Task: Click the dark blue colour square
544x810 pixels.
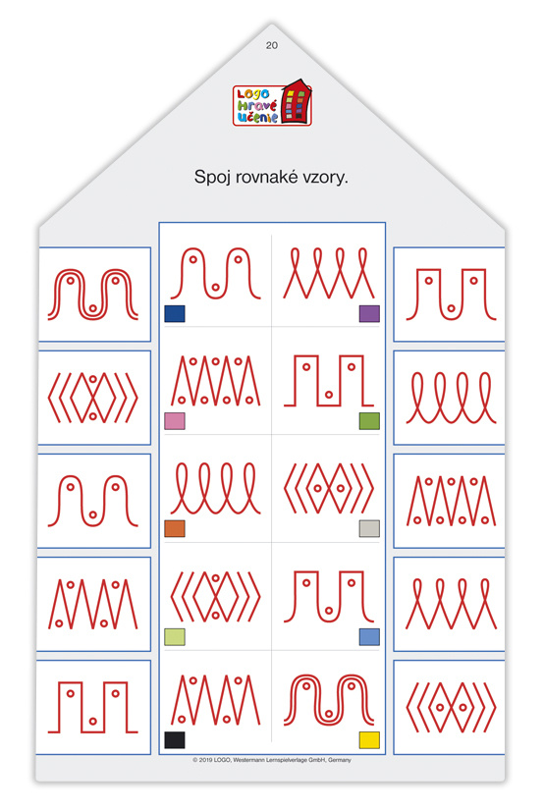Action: [x=175, y=313]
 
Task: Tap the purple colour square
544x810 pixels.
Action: [x=369, y=313]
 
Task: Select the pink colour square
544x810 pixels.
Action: [x=175, y=421]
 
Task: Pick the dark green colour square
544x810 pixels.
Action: [x=369, y=421]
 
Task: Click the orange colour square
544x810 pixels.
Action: [x=175, y=528]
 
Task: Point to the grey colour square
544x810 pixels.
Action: [x=369, y=528]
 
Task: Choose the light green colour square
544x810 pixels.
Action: [x=175, y=636]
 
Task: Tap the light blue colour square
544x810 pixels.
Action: [x=369, y=636]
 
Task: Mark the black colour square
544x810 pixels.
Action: [x=175, y=739]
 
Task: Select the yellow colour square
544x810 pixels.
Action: [x=369, y=739]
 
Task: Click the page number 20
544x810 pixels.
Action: [x=272, y=45]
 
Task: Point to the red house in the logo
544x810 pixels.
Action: [x=297, y=101]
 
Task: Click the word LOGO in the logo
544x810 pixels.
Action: [x=253, y=94]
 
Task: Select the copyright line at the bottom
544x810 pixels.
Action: [x=272, y=760]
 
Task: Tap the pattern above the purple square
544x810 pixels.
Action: [x=329, y=273]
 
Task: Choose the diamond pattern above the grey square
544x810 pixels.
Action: [x=329, y=488]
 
